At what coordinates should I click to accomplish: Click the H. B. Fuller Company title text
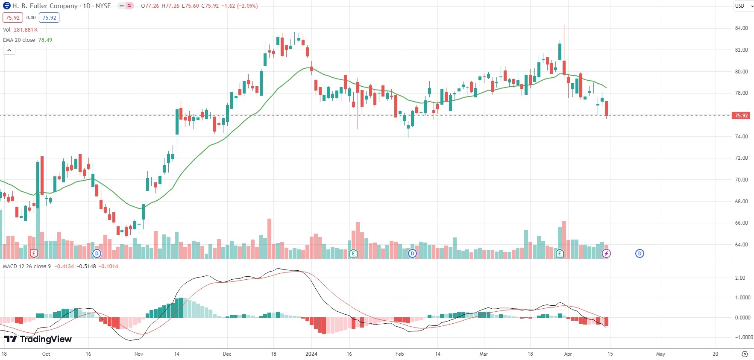pos(45,6)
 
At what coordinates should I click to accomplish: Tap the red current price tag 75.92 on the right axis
pos(741,116)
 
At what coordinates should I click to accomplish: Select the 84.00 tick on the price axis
pos(741,28)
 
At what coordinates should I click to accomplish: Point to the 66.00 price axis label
pos(741,223)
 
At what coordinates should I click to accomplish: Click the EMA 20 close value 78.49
pos(45,40)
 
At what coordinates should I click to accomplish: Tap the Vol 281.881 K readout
pos(20,30)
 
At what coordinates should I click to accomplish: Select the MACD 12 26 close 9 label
pos(27,266)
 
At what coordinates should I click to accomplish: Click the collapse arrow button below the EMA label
pos(9,50)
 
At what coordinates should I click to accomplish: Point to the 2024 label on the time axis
pos(311,354)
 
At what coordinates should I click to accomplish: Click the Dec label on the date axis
pos(227,354)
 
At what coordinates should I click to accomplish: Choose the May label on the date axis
pos(660,354)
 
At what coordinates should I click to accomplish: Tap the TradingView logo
pos(38,339)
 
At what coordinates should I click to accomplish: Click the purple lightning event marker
pos(606,254)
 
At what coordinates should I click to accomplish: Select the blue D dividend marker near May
pos(640,254)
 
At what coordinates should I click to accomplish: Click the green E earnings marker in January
pos(353,254)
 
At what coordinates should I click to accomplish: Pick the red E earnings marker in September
pos(34,254)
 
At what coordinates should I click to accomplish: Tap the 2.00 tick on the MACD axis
pos(740,278)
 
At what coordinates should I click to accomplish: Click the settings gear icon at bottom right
pos(745,354)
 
